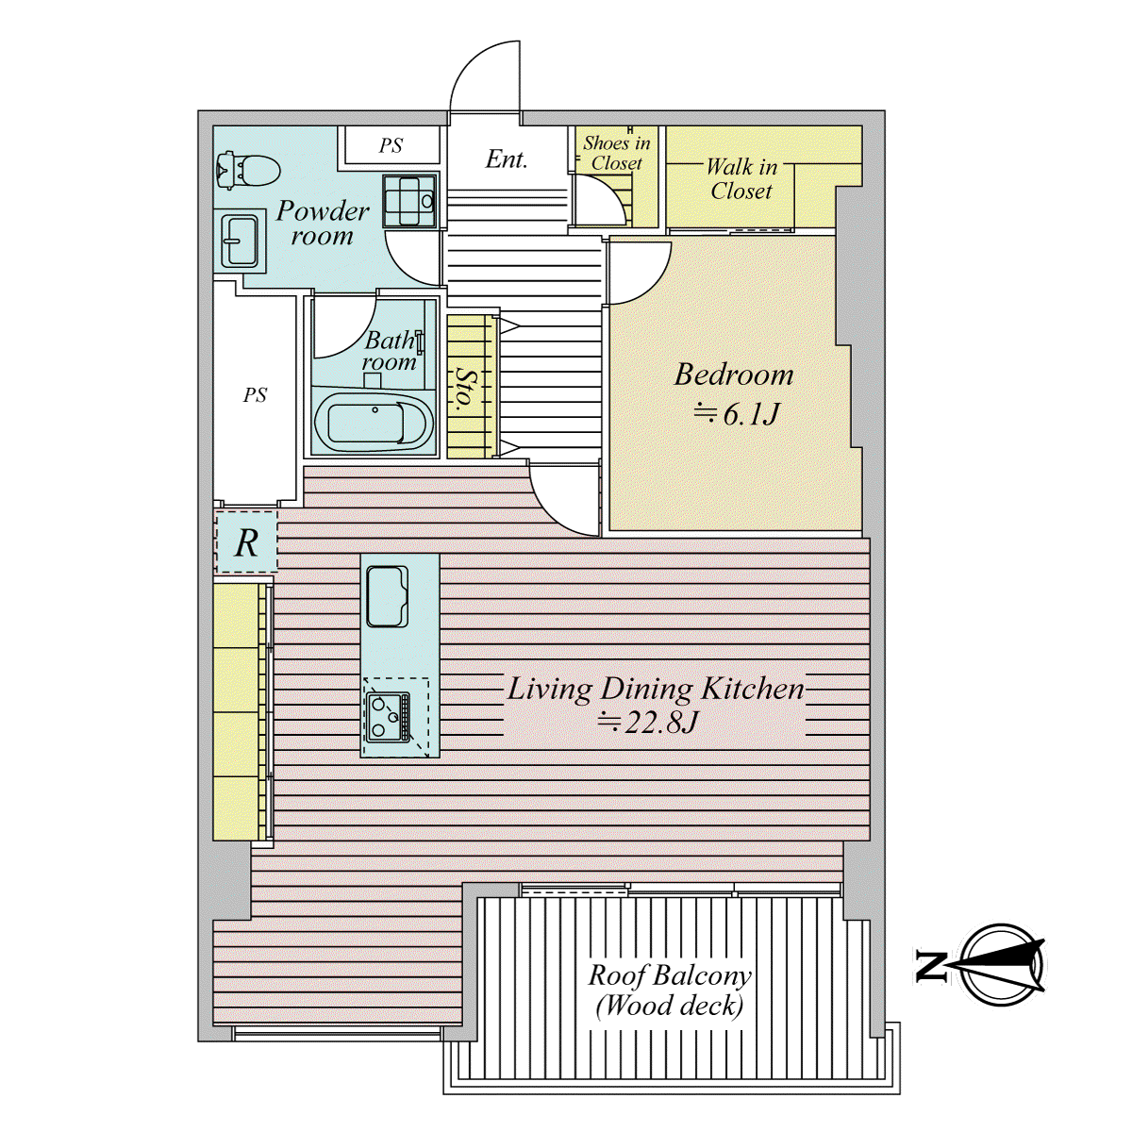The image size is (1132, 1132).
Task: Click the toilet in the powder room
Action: pyautogui.click(x=248, y=170)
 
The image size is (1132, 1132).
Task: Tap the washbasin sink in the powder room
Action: pyautogui.click(x=240, y=241)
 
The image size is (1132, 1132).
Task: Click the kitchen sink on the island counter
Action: pyautogui.click(x=387, y=595)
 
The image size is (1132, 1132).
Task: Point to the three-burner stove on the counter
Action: pyautogui.click(x=389, y=716)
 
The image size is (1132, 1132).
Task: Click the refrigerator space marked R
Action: pyautogui.click(x=246, y=542)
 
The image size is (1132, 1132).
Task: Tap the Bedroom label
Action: pyautogui.click(x=734, y=375)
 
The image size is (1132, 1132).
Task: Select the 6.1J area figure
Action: pyautogui.click(x=737, y=415)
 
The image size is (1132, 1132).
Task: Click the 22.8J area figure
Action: pyautogui.click(x=647, y=722)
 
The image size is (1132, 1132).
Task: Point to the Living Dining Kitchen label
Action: pyautogui.click(x=655, y=689)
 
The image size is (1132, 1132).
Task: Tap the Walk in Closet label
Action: pyautogui.click(x=741, y=179)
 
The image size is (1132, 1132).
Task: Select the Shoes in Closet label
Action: pyautogui.click(x=617, y=153)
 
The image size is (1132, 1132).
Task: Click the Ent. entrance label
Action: pyautogui.click(x=507, y=159)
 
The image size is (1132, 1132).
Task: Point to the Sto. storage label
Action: pyautogui.click(x=465, y=387)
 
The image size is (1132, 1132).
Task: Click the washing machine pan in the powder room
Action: pyautogui.click(x=410, y=201)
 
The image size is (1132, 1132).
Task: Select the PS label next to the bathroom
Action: pyautogui.click(x=255, y=394)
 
